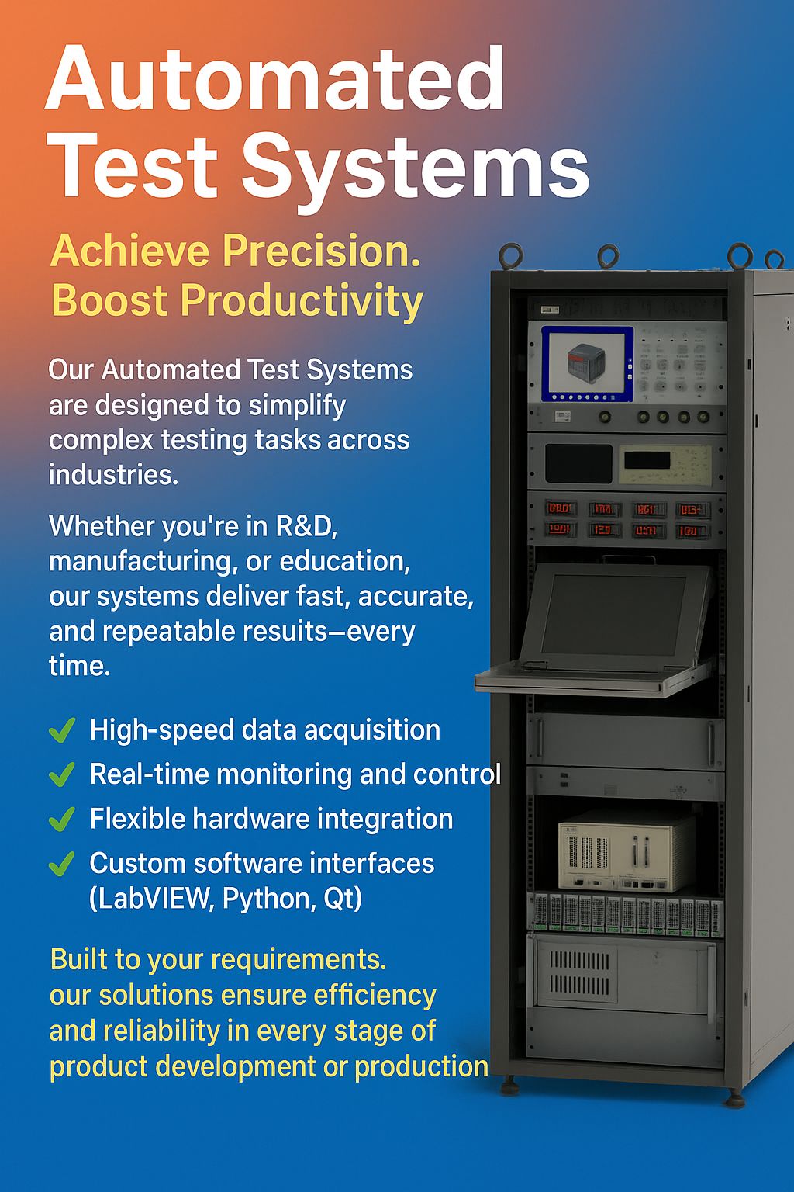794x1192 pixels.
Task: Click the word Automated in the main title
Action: coord(275,78)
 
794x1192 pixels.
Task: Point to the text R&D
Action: coord(306,526)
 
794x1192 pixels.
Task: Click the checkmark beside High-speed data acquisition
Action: coord(62,729)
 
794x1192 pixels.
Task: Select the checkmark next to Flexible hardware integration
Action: coord(62,819)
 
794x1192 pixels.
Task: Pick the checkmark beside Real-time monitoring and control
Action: coord(62,774)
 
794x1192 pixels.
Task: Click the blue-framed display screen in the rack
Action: coord(587,364)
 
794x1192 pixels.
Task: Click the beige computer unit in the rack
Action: coord(627,851)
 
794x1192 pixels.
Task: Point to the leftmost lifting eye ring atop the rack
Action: coord(511,255)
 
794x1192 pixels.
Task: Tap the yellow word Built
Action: coord(79,959)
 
